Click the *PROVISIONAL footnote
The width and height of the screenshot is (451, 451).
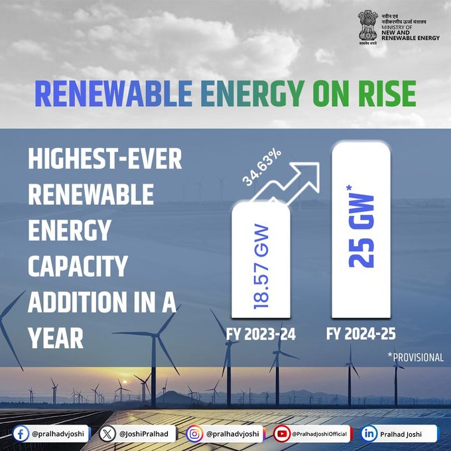(x=416, y=357)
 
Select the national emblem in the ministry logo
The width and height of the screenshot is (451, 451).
(x=367, y=26)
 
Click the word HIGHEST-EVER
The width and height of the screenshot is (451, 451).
(x=104, y=161)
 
